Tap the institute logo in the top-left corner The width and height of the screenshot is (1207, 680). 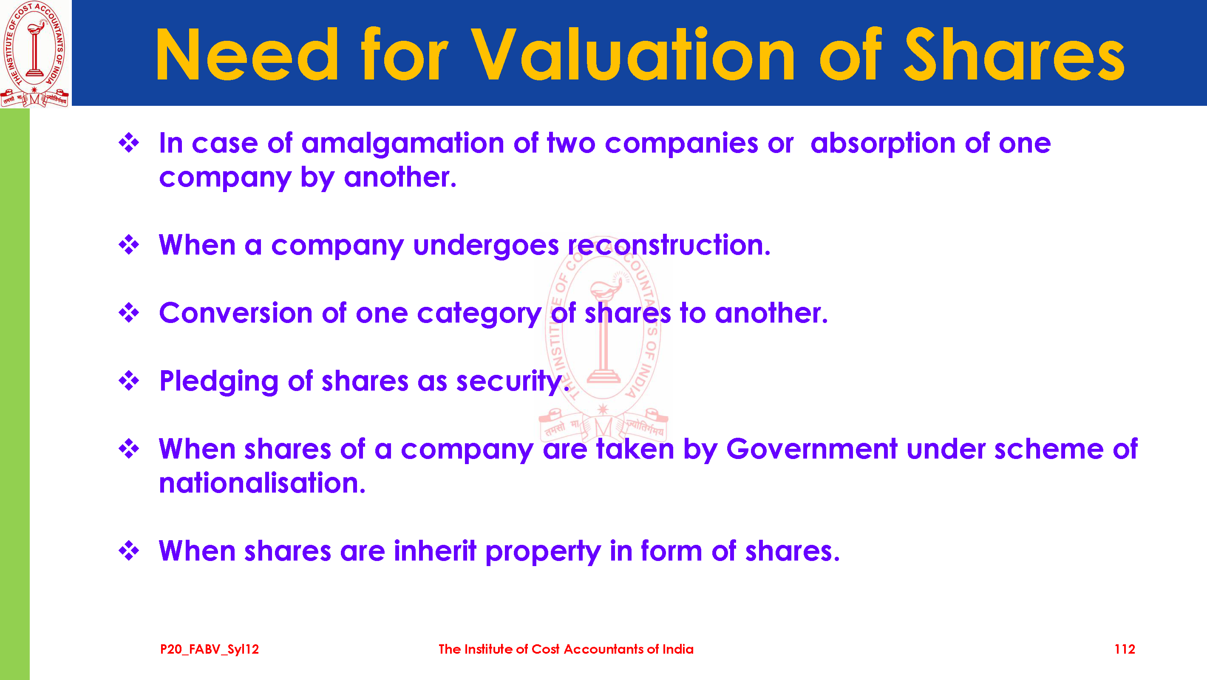point(35,54)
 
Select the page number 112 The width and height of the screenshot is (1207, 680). point(1125,649)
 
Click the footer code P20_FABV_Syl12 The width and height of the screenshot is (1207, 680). point(210,649)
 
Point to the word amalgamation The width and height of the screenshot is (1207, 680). point(402,144)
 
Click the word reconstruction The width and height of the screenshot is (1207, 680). point(669,245)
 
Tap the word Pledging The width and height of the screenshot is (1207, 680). point(219,382)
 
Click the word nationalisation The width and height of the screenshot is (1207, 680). point(262,483)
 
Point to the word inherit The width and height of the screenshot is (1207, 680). point(435,551)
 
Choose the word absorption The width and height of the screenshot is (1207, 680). point(883,144)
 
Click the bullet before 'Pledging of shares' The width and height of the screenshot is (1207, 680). point(129,380)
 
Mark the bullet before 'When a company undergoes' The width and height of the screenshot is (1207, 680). point(129,245)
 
